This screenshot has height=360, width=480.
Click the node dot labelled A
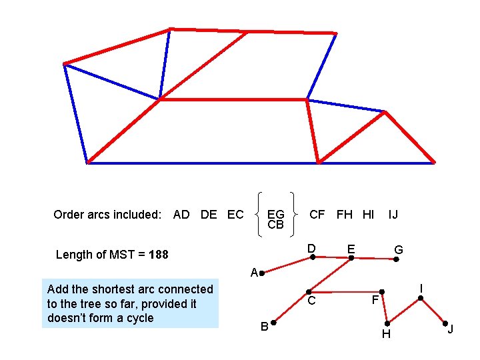pos(263,273)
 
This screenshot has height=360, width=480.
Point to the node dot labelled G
pos(395,259)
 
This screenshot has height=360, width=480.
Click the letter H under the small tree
pos(386,334)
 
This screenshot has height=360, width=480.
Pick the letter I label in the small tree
pos(421,288)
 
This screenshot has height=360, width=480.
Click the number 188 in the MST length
pos(159,255)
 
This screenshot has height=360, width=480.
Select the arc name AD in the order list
pos(181,214)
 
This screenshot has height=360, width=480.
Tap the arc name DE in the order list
pos(209,214)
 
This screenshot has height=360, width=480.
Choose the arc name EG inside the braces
pos(275,215)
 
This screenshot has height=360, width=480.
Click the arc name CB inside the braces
pos(275,225)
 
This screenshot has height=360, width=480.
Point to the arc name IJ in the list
pos(393,214)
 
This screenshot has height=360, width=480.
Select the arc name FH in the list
pos(345,214)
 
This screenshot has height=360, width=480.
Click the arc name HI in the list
pos(368,214)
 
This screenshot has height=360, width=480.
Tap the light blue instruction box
pos(130,303)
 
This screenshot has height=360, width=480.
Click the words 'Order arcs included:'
pos(107,215)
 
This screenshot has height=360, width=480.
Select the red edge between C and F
pos(345,292)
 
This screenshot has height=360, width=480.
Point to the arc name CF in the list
pos(317,214)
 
